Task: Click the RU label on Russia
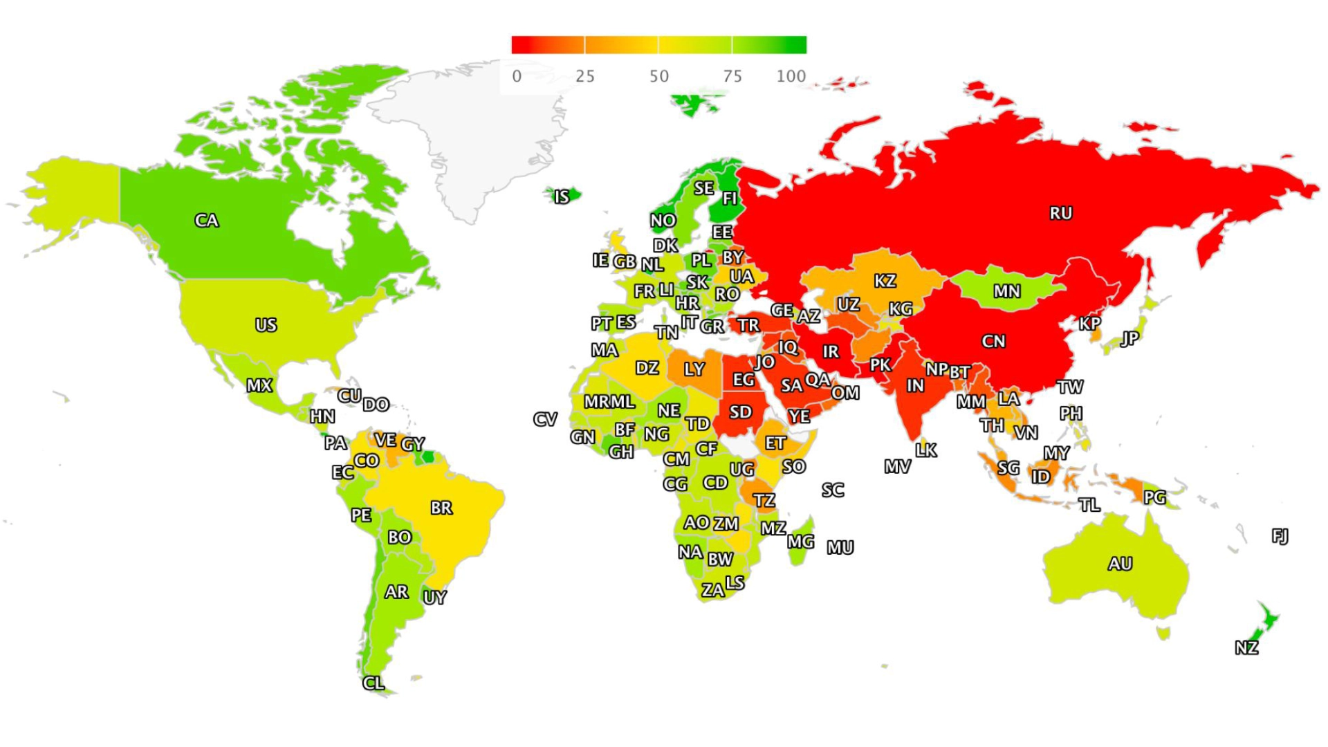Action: tap(1060, 213)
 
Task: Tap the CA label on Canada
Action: tap(206, 221)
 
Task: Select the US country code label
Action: tap(266, 324)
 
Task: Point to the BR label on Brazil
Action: tap(441, 508)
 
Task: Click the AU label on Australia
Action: tap(1120, 564)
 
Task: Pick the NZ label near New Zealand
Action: tap(1246, 647)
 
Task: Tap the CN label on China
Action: tap(993, 341)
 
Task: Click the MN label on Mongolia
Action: tap(1006, 291)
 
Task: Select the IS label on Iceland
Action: tap(562, 197)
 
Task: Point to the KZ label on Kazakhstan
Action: tap(885, 281)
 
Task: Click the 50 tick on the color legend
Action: tap(658, 76)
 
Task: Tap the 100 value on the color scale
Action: tap(791, 76)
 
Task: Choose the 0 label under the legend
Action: tap(517, 76)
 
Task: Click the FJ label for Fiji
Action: tap(1280, 535)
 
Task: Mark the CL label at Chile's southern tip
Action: tap(373, 683)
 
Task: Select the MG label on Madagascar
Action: tap(800, 542)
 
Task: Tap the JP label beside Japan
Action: tap(1129, 338)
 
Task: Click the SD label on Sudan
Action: tap(740, 412)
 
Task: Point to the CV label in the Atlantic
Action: tap(545, 419)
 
